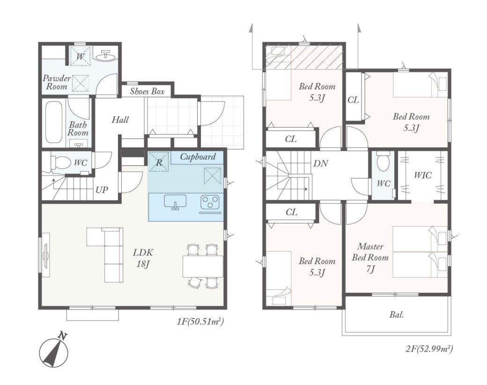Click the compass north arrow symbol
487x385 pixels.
pyautogui.click(x=54, y=351)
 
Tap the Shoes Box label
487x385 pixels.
pyautogui.click(x=147, y=91)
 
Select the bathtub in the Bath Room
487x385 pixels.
pyautogui.click(x=54, y=121)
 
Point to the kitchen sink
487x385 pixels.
pyautogui.click(x=175, y=202)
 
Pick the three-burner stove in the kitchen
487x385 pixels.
pyautogui.click(x=210, y=202)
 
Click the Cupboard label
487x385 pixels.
pyautogui.click(x=198, y=157)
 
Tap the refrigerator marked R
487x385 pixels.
pyautogui.click(x=159, y=162)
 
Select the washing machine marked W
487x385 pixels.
pyautogui.click(x=81, y=56)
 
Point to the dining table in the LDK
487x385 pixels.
pyautogui.click(x=203, y=266)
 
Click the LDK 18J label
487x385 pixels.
pyautogui.click(x=143, y=258)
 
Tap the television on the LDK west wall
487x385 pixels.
pyautogui.click(x=46, y=255)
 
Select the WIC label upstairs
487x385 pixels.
pyautogui.click(x=423, y=175)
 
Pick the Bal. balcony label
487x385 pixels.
pyautogui.click(x=397, y=314)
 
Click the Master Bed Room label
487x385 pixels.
pyautogui.click(x=370, y=258)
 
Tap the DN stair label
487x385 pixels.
pyautogui.click(x=320, y=163)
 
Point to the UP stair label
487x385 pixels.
pyautogui.click(x=102, y=190)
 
